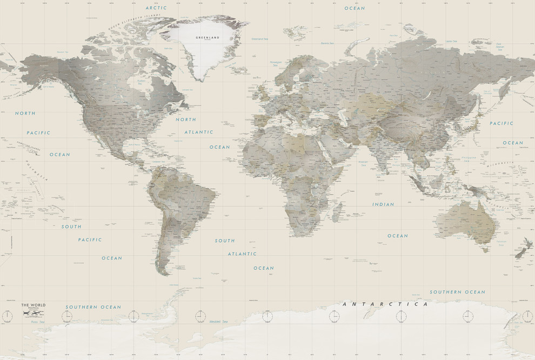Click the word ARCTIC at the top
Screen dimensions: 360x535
156,8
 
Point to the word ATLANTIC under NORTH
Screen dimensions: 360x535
199,132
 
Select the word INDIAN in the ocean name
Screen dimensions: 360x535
383,204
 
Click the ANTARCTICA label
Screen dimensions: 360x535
386,304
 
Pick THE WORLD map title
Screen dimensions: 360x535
34,305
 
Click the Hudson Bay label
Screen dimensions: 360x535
142,82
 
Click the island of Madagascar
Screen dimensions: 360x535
336,211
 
